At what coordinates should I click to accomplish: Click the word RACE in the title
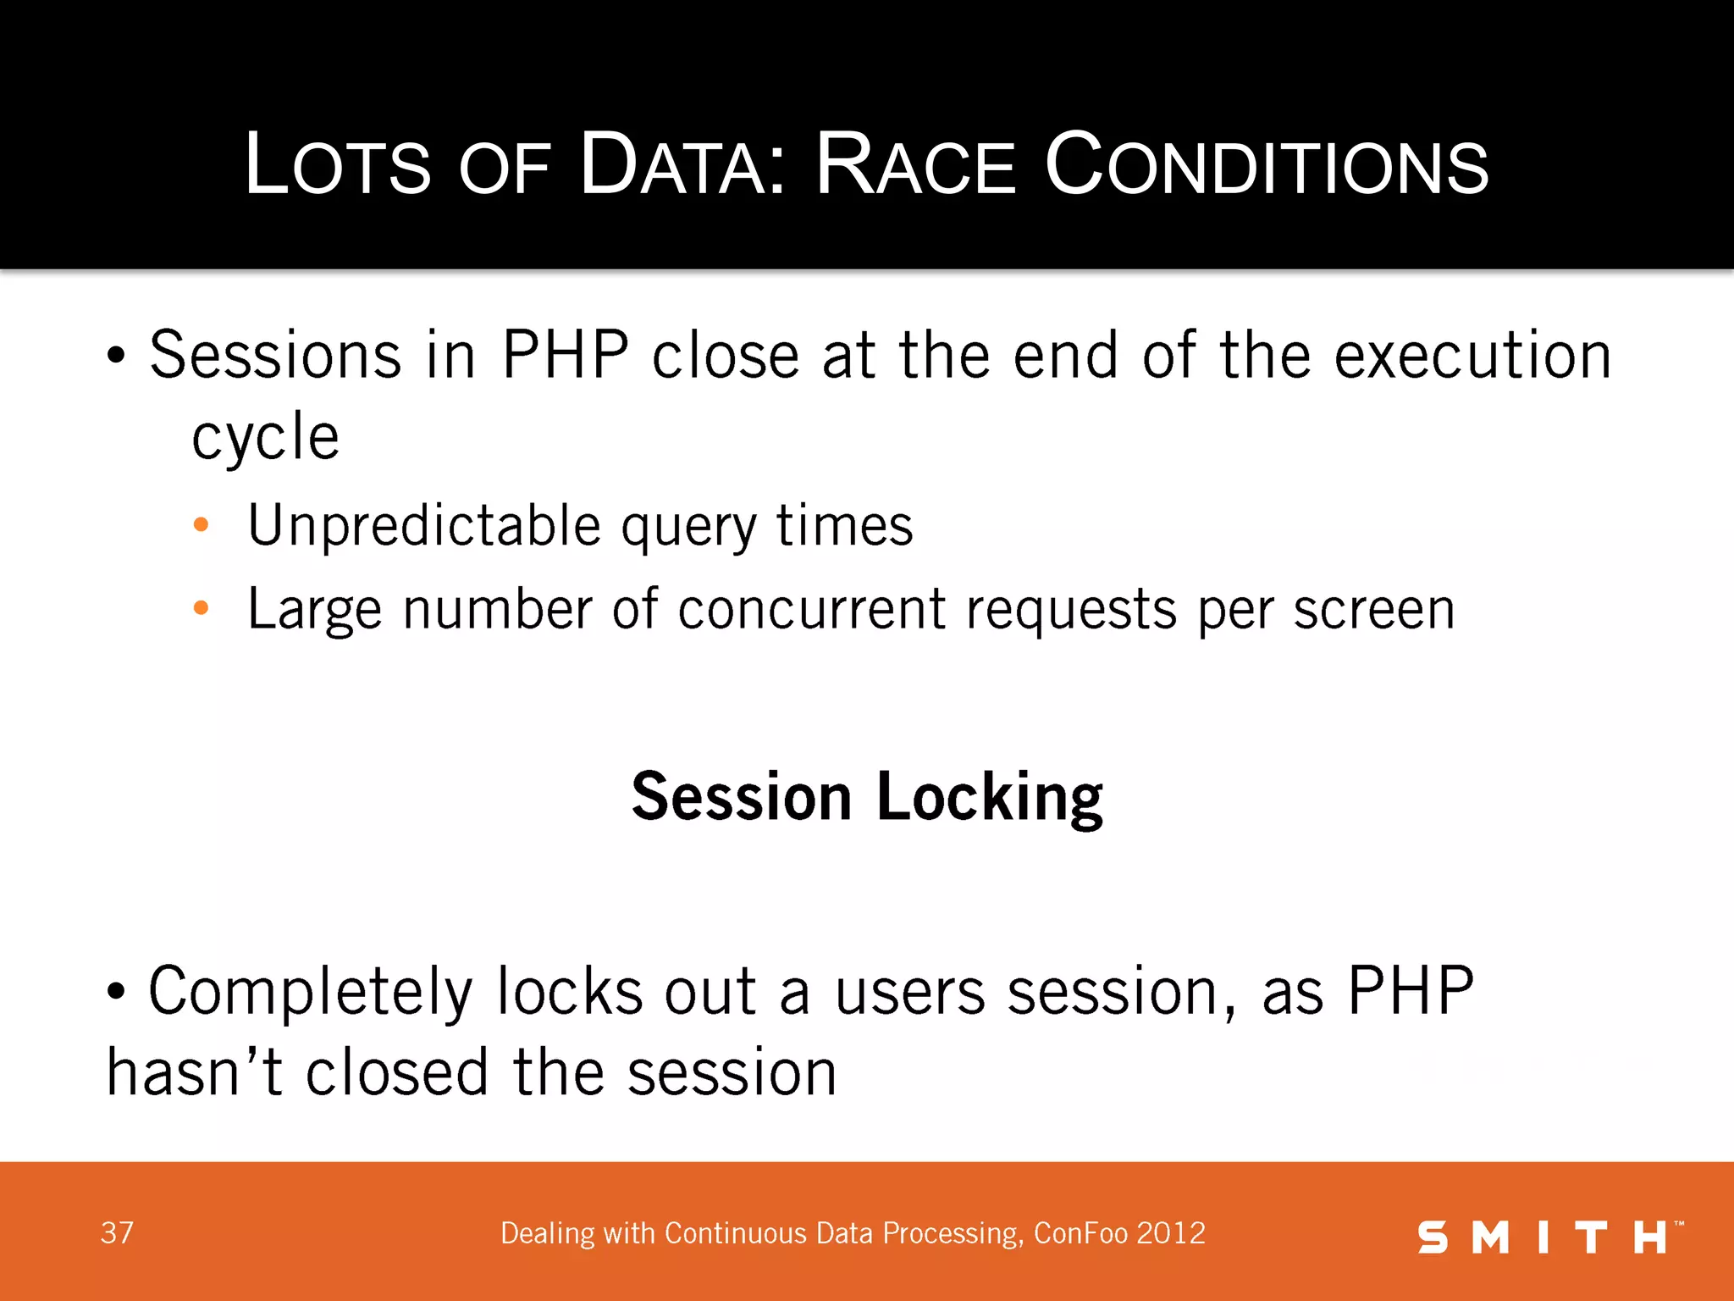[x=914, y=165]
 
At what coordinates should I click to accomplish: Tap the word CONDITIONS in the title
[x=1266, y=165]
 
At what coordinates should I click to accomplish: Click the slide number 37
[x=117, y=1233]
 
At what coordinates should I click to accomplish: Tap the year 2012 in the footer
[x=1171, y=1233]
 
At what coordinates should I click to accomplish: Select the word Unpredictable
[x=424, y=526]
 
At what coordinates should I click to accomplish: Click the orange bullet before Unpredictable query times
[x=201, y=525]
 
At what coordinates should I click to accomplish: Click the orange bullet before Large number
[x=201, y=607]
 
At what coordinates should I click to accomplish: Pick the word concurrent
[x=811, y=609]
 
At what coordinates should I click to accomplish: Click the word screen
[x=1373, y=609]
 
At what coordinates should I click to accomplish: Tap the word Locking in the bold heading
[x=989, y=797]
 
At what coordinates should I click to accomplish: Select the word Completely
[x=310, y=992]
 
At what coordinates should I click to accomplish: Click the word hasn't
[x=194, y=1072]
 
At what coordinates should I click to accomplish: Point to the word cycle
[x=265, y=438]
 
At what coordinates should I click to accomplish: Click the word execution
[x=1472, y=355]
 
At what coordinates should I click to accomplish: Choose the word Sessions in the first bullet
[x=275, y=355]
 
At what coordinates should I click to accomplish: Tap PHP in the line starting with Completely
[x=1411, y=990]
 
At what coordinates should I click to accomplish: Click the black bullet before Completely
[x=116, y=991]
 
